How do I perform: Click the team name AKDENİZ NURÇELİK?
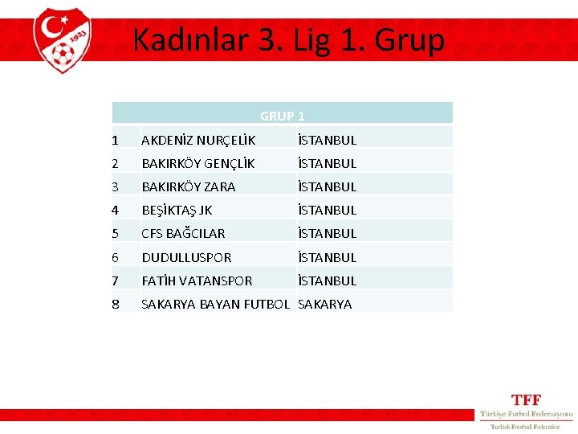(198, 140)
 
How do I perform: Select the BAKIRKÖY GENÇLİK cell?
(198, 163)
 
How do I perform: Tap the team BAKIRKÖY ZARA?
(189, 186)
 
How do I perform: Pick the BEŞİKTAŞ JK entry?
(177, 210)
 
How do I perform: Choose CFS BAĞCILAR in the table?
(183, 233)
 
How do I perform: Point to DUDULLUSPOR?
(186, 257)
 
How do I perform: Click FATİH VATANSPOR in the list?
(197, 280)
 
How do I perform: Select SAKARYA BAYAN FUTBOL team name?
(215, 304)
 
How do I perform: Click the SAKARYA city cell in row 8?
(324, 304)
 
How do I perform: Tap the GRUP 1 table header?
(282, 116)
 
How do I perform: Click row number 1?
(115, 140)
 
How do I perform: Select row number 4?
(115, 210)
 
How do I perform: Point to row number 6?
(115, 257)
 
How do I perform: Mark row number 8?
(115, 304)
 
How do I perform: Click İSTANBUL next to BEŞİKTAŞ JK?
(327, 210)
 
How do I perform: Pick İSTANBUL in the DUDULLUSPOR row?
(327, 257)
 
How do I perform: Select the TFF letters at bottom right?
(527, 399)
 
